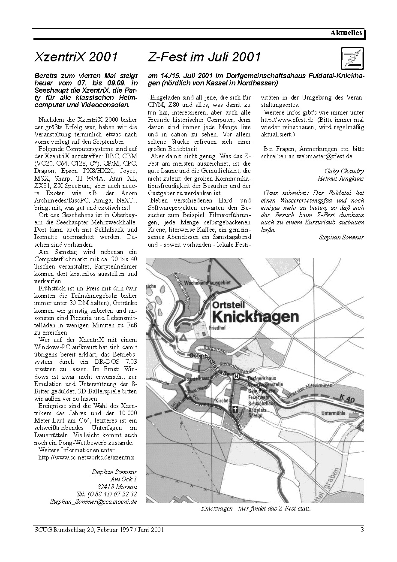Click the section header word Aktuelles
tap(346, 33)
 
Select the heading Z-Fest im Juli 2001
tap(204, 57)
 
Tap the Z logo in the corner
tap(352, 58)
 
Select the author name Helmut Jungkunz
tap(340, 178)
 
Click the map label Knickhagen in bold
tap(256, 317)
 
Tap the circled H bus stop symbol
tap(236, 376)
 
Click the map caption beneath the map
tap(256, 509)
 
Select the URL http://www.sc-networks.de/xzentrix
tap(86, 458)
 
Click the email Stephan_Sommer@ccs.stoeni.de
tap(93, 501)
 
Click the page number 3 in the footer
tap(362, 530)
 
